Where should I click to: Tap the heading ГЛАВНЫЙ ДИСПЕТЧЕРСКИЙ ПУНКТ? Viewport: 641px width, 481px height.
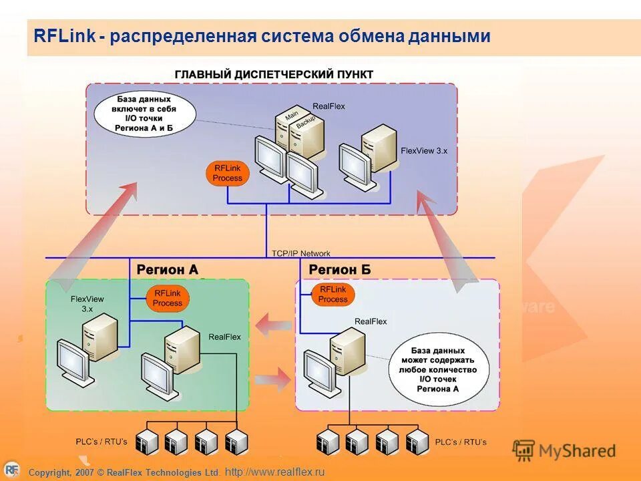point(274,74)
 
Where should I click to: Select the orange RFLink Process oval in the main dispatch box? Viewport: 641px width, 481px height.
point(227,174)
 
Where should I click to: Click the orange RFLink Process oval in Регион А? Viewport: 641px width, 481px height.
point(167,298)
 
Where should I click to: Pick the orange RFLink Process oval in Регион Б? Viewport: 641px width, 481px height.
point(333,295)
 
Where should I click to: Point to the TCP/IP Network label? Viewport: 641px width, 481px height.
point(300,253)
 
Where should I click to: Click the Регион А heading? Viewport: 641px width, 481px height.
point(167,270)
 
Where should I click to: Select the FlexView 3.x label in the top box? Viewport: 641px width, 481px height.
point(424,152)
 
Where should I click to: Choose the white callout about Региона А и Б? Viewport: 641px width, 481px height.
point(145,113)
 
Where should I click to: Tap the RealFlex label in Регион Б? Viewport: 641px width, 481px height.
point(371,321)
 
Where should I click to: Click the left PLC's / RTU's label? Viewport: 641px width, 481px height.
point(101,442)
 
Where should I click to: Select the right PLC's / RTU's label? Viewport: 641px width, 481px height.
point(461,442)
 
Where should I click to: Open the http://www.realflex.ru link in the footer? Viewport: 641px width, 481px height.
point(274,472)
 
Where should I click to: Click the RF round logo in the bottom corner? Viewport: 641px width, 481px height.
point(11,470)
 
